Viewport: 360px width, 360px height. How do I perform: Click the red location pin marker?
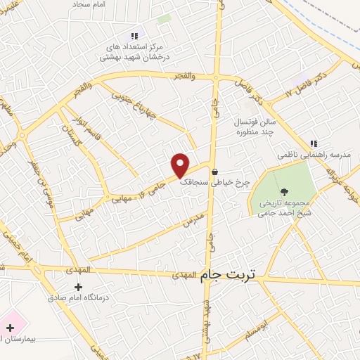tap(180, 165)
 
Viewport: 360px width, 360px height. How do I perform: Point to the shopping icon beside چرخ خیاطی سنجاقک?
tap(214, 172)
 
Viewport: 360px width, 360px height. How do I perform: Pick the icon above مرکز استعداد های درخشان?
tap(134, 35)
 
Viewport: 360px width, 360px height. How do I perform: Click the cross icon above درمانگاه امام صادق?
tap(78, 286)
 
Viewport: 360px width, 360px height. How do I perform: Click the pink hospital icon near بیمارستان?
tap(10, 326)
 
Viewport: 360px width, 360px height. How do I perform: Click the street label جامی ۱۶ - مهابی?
tap(139, 190)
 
